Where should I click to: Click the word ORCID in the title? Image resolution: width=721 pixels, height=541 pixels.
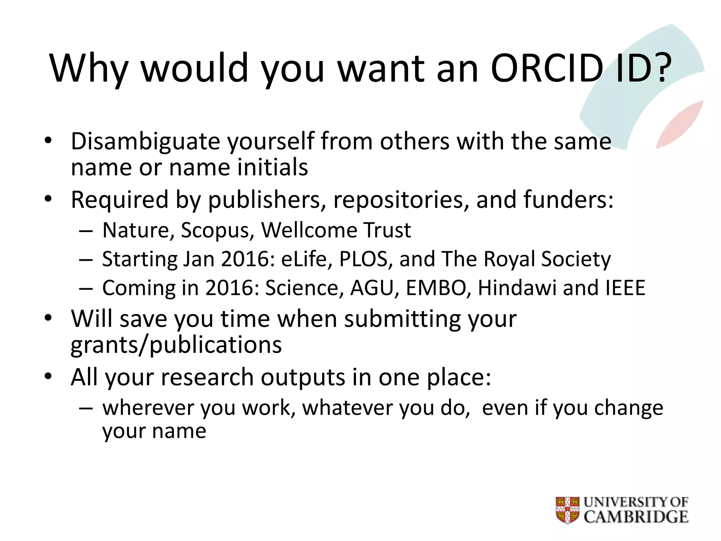pos(547,68)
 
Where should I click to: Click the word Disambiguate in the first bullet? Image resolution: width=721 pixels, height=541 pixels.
pos(145,142)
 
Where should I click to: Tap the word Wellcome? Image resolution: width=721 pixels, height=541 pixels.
pos(308,230)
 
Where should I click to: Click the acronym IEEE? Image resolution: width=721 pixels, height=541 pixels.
pos(625,288)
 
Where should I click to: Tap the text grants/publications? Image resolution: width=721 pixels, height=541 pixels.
pos(176,345)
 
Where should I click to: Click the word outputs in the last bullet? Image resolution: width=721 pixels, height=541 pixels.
pos(303,378)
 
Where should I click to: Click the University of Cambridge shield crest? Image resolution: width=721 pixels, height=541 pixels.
pos(568,510)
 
